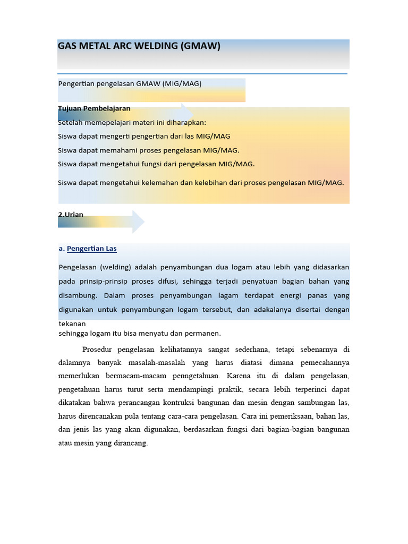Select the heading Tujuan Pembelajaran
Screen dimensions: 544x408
pyautogui.click(x=94, y=108)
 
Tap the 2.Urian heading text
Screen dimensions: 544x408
pyautogui.click(x=71, y=215)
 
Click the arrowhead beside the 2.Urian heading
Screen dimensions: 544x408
pyautogui.click(x=138, y=222)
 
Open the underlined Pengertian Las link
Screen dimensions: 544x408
pyautogui.click(x=92, y=249)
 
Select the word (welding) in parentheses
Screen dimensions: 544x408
pyautogui.click(x=116, y=267)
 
